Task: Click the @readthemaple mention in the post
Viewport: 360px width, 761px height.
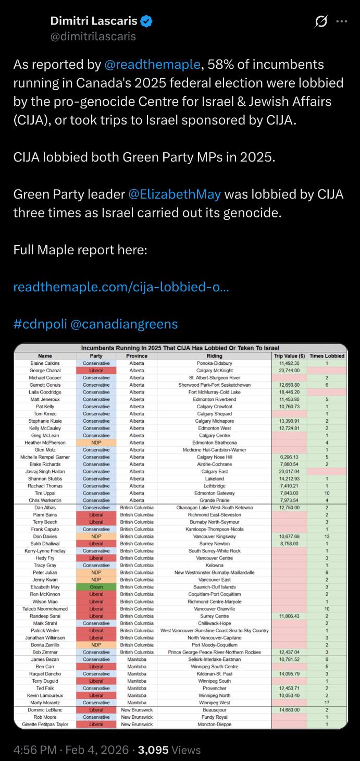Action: (152, 64)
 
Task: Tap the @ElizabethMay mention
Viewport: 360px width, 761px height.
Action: (175, 194)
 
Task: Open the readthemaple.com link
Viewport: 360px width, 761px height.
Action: (121, 287)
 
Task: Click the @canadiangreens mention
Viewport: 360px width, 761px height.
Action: (123, 324)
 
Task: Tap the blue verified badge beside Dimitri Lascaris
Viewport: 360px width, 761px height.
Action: (147, 21)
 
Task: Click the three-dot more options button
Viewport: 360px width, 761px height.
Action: (341, 21)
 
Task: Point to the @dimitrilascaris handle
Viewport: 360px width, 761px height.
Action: (93, 36)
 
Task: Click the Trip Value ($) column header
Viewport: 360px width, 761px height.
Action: (289, 356)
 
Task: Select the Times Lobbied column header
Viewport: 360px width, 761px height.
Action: (327, 356)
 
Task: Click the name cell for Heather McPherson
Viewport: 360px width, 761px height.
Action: (45, 443)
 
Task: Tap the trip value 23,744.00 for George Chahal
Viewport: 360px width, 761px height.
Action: (289, 371)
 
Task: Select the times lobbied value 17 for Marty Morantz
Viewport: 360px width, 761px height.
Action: (327, 703)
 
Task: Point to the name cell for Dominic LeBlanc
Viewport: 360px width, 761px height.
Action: (45, 710)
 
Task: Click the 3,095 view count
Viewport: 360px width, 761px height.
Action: (153, 750)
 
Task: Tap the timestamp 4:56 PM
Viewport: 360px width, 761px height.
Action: (35, 750)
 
